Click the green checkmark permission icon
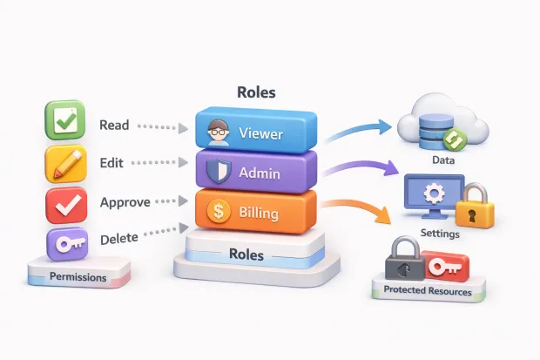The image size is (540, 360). point(64,121)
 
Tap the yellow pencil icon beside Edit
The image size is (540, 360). point(64,164)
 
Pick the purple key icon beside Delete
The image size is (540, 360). point(64,245)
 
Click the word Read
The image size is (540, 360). point(114,126)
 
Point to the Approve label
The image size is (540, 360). point(125,201)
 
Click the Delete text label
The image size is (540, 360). point(118,239)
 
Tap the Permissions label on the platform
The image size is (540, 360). point(78,277)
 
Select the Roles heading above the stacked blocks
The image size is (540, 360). point(257,92)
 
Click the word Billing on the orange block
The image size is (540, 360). point(259,212)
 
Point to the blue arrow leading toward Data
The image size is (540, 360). point(357,131)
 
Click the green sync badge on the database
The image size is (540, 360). point(452,139)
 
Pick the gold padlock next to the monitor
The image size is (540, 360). point(476,206)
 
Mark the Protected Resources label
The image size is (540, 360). point(427,292)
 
